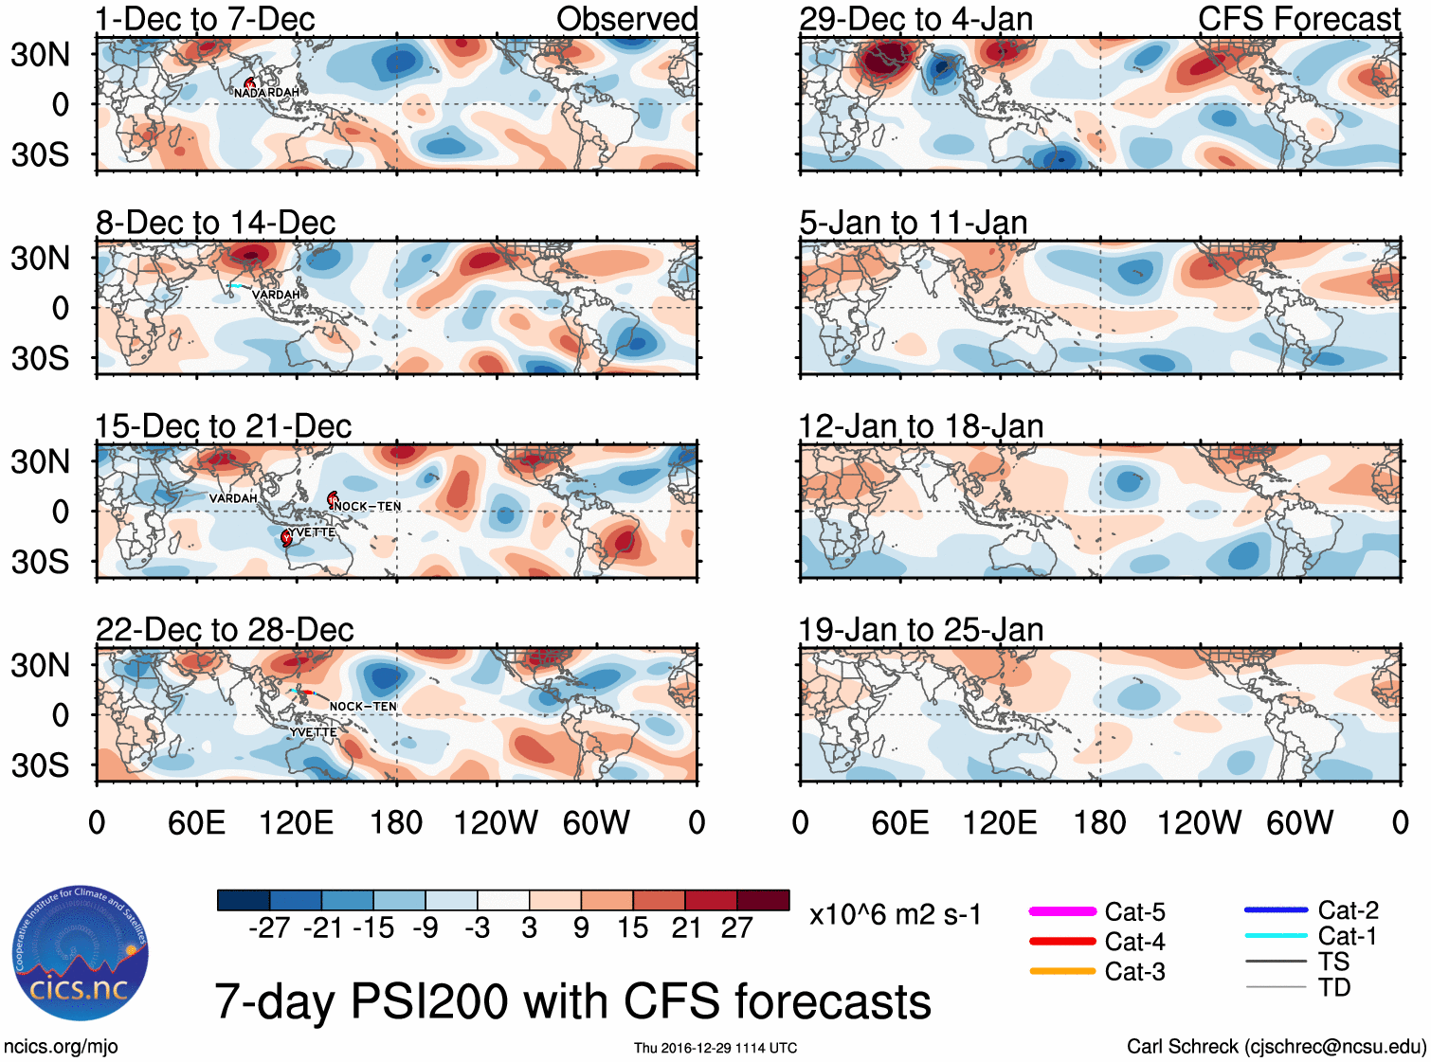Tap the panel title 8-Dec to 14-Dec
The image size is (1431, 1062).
[x=215, y=223]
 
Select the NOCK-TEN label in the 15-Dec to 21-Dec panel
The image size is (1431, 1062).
[x=368, y=506]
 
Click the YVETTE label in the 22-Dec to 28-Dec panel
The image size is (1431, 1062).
[x=314, y=732]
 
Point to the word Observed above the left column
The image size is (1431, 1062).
[x=626, y=19]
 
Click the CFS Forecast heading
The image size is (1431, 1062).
[x=1298, y=19]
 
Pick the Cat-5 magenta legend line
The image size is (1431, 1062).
[x=1062, y=911]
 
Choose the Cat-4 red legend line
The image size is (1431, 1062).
[x=1062, y=942]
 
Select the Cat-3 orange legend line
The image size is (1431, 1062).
[x=1062, y=971]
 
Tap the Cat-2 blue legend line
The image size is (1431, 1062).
[x=1276, y=910]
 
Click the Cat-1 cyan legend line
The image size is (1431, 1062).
[x=1276, y=936]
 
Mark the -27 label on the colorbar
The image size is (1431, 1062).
[x=269, y=928]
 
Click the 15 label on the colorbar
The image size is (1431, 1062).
[x=632, y=928]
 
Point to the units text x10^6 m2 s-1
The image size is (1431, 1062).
[x=895, y=915]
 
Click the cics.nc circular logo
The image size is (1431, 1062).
[x=81, y=953]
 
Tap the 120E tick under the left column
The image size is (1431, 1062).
[x=296, y=822]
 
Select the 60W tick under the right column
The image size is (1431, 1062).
[x=1299, y=822]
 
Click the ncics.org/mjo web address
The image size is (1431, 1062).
[x=61, y=1047]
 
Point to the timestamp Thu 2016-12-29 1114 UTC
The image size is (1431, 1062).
[x=715, y=1048]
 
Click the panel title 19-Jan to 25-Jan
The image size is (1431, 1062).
[x=920, y=630]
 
